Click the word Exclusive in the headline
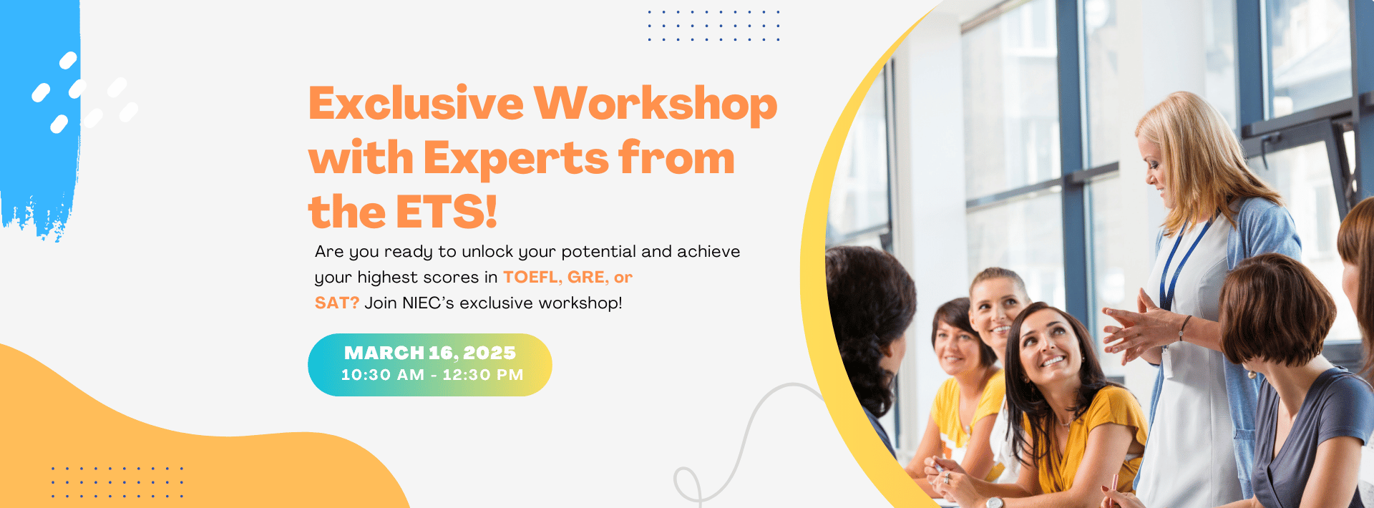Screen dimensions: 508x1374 click(x=416, y=104)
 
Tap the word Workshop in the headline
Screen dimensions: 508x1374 click(x=655, y=104)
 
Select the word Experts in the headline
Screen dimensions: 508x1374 click(x=515, y=158)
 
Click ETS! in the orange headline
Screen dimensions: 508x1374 click(x=446, y=213)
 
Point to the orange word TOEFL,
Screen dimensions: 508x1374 click(x=532, y=278)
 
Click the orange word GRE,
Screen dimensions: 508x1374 click(x=588, y=278)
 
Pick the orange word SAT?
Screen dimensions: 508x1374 click(x=336, y=303)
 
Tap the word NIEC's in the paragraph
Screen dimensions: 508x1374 click(x=428, y=303)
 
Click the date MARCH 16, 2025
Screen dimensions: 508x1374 click(x=429, y=353)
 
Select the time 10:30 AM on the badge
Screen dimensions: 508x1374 click(x=382, y=375)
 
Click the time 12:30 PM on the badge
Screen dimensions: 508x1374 click(x=482, y=375)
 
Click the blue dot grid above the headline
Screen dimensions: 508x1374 click(x=713, y=26)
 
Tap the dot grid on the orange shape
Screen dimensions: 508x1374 click(x=117, y=482)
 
